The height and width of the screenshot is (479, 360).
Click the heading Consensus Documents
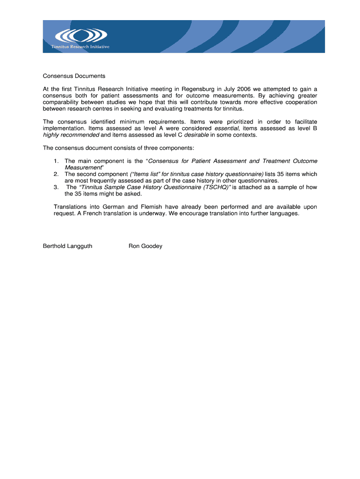(74, 76)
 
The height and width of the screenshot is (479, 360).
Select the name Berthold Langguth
(68, 246)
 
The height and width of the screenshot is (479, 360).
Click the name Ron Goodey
(145, 246)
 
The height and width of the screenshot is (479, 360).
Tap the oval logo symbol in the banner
(80, 36)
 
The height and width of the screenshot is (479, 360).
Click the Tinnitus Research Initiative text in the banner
(80, 47)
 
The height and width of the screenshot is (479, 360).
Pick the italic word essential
(227, 128)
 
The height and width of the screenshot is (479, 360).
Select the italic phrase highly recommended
(71, 135)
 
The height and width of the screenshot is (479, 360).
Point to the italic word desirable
(196, 135)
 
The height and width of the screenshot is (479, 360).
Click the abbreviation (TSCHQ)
(216, 187)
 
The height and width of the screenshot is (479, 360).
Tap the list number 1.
(56, 161)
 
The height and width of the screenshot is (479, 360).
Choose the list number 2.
(56, 174)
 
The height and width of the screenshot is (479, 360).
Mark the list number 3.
(56, 187)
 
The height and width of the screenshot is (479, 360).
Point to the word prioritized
(242, 122)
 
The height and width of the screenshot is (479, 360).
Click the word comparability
(63, 102)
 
